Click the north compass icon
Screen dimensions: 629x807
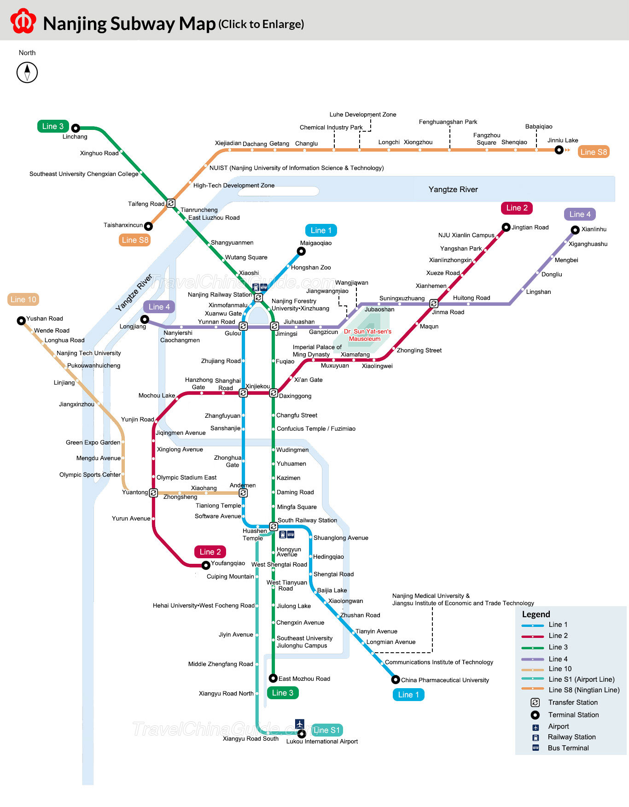27,72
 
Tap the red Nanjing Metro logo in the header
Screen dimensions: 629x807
23,21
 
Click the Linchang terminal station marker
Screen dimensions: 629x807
76,128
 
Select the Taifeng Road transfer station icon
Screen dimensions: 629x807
171,203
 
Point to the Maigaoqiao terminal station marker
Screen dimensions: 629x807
301,251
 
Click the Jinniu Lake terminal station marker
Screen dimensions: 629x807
559,150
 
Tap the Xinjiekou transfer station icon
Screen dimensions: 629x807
243,393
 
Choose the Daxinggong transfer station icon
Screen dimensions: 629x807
274,393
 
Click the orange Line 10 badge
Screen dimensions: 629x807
23,299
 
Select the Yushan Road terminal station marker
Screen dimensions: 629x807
21,321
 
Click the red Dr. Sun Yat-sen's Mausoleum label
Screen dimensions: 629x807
367,335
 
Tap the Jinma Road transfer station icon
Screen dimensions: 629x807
434,304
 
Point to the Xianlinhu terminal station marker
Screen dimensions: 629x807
575,230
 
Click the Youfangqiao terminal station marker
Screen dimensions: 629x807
206,565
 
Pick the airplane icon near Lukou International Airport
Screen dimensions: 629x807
300,724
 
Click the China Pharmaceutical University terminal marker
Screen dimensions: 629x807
396,679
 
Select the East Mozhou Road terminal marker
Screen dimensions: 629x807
273,678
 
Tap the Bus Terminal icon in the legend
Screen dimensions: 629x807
536,748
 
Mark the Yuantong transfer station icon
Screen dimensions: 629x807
154,493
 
